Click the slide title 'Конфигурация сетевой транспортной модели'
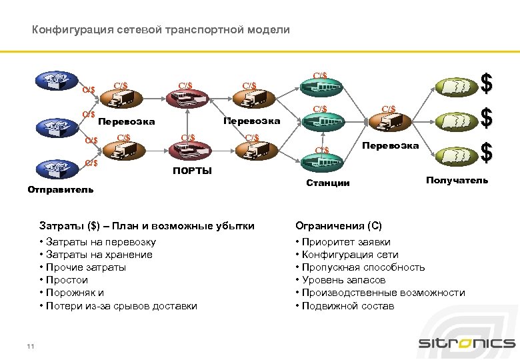[161, 30]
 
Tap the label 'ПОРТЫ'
[192, 171]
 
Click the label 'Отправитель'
[61, 190]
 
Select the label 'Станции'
[327, 183]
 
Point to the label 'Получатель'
[457, 181]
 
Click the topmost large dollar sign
[487, 85]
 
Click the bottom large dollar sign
[487, 153]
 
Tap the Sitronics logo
[466, 343]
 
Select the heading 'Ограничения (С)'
[339, 226]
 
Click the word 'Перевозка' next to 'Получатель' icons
[390, 146]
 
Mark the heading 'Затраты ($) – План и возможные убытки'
[147, 226]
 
